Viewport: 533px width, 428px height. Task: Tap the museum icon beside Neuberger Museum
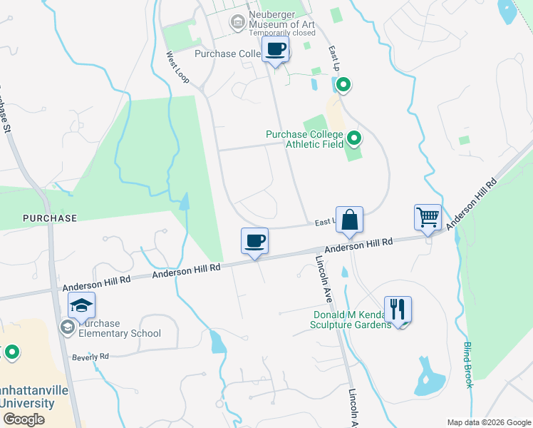(x=237, y=23)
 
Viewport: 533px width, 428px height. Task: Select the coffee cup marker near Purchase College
(x=274, y=50)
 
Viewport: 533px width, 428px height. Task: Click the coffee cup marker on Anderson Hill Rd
(x=254, y=240)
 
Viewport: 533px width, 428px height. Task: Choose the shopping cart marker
(x=428, y=216)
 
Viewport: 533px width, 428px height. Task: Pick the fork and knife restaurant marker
(x=398, y=309)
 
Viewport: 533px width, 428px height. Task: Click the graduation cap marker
(x=82, y=307)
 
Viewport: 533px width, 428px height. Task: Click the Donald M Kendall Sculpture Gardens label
(x=352, y=319)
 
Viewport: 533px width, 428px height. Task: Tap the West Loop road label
(x=178, y=66)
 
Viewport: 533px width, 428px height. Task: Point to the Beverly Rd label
(x=90, y=356)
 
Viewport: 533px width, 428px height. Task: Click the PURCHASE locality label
(x=49, y=217)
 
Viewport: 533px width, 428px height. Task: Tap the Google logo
(x=23, y=419)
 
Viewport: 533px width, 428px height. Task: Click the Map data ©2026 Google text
(x=488, y=422)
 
